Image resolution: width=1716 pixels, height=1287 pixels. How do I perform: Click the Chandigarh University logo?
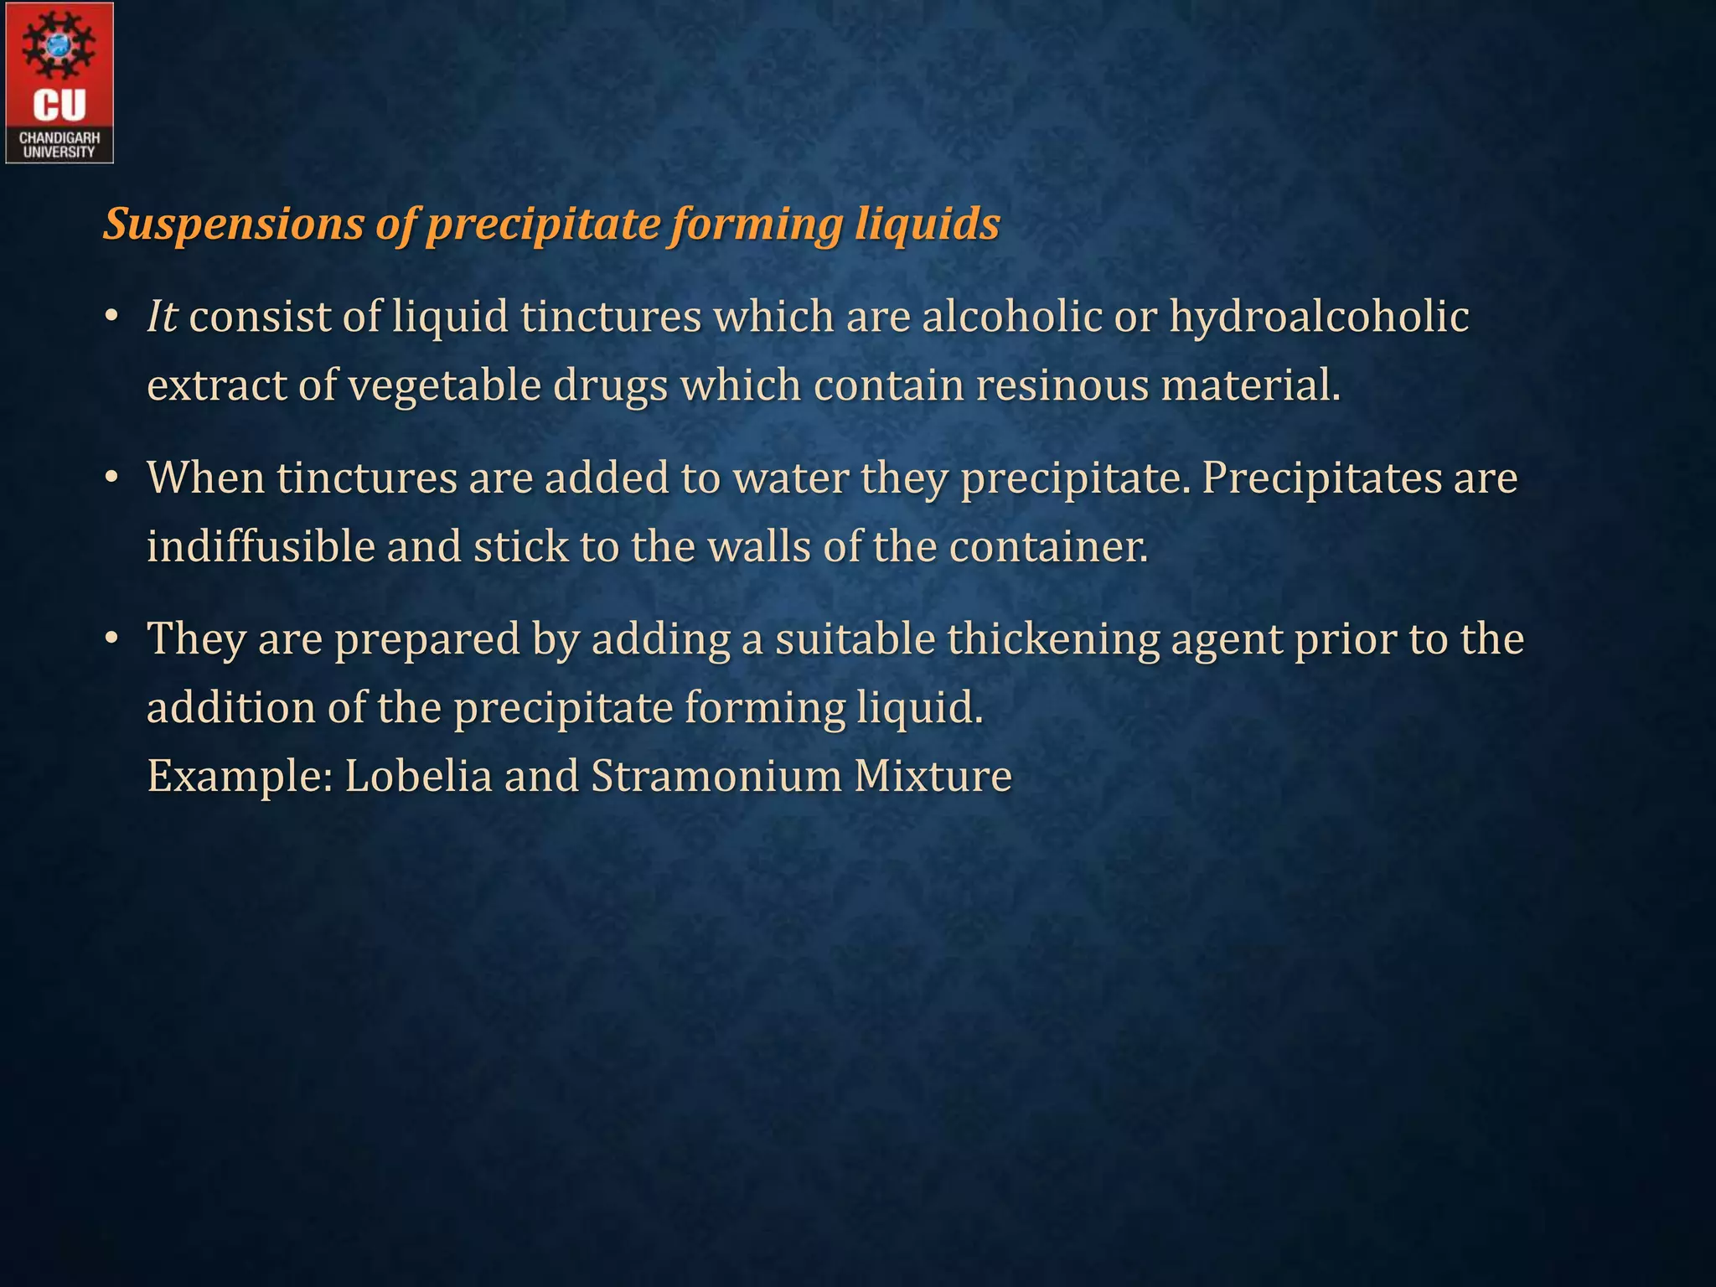59,82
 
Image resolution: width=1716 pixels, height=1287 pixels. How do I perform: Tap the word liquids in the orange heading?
928,225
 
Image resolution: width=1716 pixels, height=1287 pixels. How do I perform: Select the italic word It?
162,318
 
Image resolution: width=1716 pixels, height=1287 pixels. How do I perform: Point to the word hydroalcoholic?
1319,318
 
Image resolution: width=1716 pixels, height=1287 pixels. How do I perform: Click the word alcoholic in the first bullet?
1012,318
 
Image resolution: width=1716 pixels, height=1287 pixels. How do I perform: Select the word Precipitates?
1321,478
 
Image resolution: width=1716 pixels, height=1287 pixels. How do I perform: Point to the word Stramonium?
716,775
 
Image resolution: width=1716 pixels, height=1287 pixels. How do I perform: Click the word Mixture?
933,775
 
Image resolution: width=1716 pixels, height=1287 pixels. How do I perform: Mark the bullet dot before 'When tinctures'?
111,478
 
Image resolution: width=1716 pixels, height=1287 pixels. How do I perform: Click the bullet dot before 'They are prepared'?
111,639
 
